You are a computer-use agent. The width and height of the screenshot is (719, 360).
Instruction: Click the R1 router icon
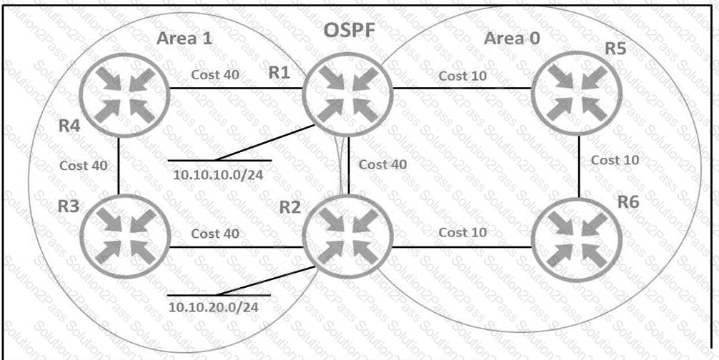pyautogui.click(x=347, y=94)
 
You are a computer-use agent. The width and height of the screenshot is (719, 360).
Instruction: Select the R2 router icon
pyautogui.click(x=347, y=236)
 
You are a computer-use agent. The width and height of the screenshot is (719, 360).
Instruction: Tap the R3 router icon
pyautogui.click(x=124, y=236)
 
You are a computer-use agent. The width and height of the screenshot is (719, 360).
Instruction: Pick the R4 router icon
pyautogui.click(x=125, y=94)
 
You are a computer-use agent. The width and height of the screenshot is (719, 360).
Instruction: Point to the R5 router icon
pyautogui.click(x=576, y=93)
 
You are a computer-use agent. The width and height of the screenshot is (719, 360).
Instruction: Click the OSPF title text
pyautogui.click(x=350, y=30)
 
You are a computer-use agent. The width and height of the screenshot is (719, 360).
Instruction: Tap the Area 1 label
pyautogui.click(x=184, y=38)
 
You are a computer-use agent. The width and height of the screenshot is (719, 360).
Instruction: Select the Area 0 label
pyautogui.click(x=512, y=39)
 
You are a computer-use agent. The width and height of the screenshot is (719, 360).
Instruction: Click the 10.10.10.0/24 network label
pyautogui.click(x=218, y=175)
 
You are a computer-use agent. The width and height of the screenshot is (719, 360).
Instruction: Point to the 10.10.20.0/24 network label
pyautogui.click(x=213, y=307)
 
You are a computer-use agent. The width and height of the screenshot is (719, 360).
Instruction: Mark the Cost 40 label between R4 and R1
pyautogui.click(x=215, y=74)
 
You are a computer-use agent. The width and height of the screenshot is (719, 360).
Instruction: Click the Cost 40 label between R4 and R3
pyautogui.click(x=84, y=165)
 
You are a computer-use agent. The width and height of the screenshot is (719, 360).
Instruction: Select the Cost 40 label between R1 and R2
pyautogui.click(x=382, y=164)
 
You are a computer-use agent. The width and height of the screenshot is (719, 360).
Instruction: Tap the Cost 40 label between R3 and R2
pyautogui.click(x=215, y=233)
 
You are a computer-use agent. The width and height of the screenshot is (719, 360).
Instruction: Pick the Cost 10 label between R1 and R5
pyautogui.click(x=462, y=76)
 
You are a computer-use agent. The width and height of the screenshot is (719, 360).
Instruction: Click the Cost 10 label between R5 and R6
pyautogui.click(x=615, y=160)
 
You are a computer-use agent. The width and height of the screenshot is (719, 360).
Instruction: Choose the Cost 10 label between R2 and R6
pyautogui.click(x=462, y=232)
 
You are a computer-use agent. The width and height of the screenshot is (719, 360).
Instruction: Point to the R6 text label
pyautogui.click(x=628, y=202)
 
